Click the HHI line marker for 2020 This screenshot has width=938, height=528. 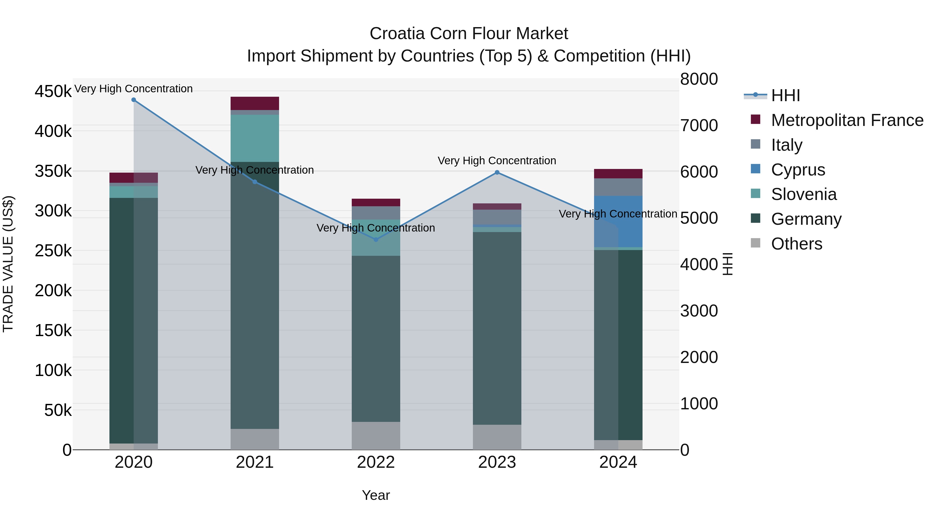134,100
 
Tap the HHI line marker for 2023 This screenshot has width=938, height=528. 497,172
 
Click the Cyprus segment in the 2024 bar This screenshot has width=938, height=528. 618,222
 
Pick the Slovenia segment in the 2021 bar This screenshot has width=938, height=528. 255,138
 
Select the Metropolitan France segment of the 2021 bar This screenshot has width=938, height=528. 255,104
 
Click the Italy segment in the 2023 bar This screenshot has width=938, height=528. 497,217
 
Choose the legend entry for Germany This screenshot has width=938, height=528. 806,219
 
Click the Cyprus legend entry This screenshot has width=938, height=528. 798,170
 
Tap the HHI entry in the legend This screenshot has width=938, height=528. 785,95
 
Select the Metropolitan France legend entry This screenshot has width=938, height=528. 847,120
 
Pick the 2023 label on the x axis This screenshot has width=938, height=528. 497,462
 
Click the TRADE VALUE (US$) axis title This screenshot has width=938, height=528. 8,264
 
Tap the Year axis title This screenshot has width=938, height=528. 376,495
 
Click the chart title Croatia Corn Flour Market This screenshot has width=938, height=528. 469,34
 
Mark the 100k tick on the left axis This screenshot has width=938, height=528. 53,371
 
